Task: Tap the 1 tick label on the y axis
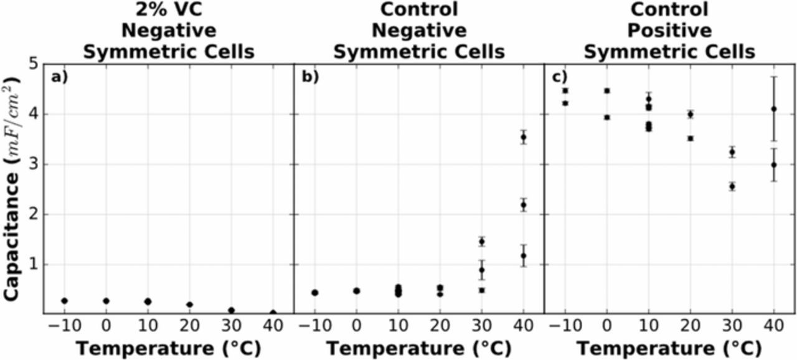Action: pos(33,264)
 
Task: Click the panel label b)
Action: pos(309,77)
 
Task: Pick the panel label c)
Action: pos(560,77)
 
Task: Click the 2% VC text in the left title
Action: pos(168,10)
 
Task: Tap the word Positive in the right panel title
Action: pos(669,31)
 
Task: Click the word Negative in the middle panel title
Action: pos(418,31)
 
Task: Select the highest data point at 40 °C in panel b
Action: pos(524,137)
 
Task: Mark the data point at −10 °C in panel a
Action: pos(64,301)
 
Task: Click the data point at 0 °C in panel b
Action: pos(357,291)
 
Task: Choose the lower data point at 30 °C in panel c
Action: pos(732,186)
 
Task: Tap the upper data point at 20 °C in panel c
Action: pos(691,114)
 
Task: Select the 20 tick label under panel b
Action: pos(440,326)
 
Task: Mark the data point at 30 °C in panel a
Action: pos(231,310)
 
